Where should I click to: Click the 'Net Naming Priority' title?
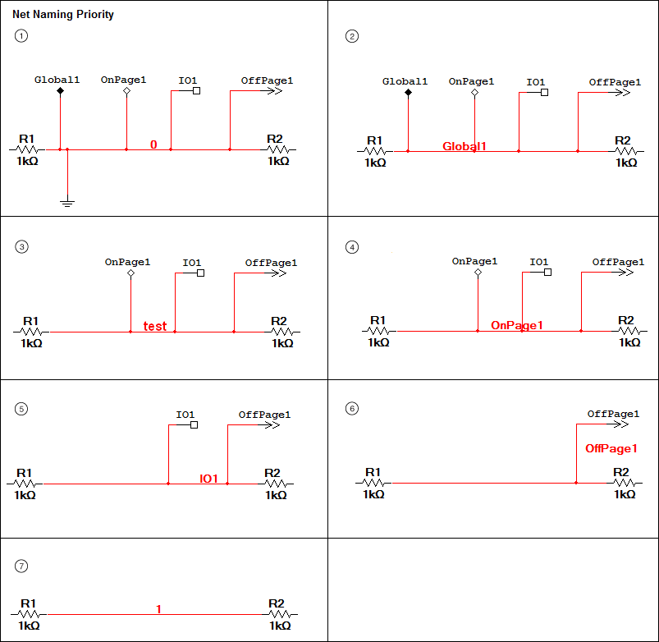pyautogui.click(x=63, y=15)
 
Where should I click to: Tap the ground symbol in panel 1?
pyautogui.click(x=68, y=201)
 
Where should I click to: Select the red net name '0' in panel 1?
pyautogui.click(x=153, y=145)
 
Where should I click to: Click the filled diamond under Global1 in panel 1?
pyautogui.click(x=60, y=91)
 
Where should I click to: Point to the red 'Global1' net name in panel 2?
pyautogui.click(x=465, y=146)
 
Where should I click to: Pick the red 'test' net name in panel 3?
pyautogui.click(x=155, y=326)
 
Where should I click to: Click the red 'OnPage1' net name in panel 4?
pyautogui.click(x=517, y=326)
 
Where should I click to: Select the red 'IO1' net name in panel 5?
pyautogui.click(x=209, y=479)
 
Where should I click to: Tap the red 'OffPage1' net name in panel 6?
pyautogui.click(x=611, y=449)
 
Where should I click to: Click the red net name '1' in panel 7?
pyautogui.click(x=158, y=609)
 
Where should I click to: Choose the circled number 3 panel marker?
pyautogui.click(x=22, y=246)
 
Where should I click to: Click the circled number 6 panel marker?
pyautogui.click(x=352, y=408)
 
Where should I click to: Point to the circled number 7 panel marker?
pyautogui.click(x=22, y=566)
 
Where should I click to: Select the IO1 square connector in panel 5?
pyautogui.click(x=194, y=425)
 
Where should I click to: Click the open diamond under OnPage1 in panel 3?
pyautogui.click(x=130, y=273)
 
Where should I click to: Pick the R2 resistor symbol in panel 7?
pyautogui.click(x=280, y=614)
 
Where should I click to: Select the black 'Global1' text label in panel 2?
pyautogui.click(x=405, y=81)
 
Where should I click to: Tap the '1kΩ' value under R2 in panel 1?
pyautogui.click(x=278, y=161)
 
